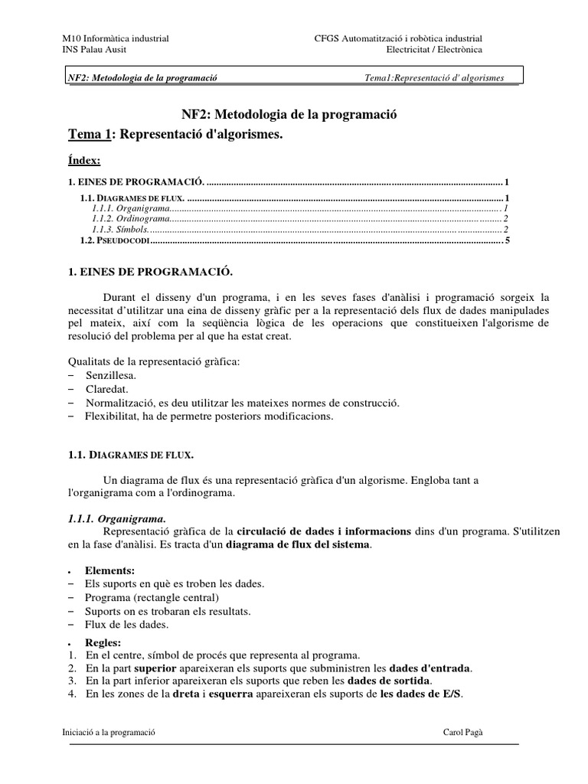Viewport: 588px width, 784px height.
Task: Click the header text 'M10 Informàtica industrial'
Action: pyautogui.click(x=115, y=38)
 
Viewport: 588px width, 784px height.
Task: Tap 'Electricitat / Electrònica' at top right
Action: pyautogui.click(x=434, y=50)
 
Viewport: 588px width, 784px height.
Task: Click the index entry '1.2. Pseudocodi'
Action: pyautogui.click(x=114, y=240)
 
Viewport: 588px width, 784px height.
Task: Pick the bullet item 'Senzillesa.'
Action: pyautogui.click(x=112, y=376)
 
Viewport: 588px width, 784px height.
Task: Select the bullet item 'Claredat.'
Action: pyautogui.click(x=106, y=389)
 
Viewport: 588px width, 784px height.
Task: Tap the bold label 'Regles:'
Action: pyautogui.click(x=103, y=642)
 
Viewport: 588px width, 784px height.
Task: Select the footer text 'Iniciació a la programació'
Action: pyautogui.click(x=109, y=732)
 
